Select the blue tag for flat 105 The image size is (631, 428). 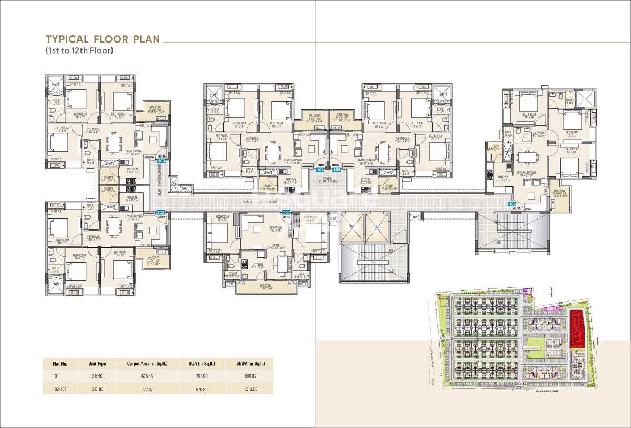pyautogui.click(x=337, y=170)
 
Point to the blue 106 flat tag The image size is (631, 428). pyautogui.click(x=512, y=204)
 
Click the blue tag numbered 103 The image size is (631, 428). pyautogui.click(x=161, y=161)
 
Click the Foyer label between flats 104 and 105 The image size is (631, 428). pyautogui.click(x=329, y=179)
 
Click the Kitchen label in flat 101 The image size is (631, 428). pyautogui.click(x=257, y=264)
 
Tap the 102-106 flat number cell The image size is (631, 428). pyautogui.click(x=60, y=389)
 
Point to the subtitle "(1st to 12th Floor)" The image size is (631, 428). pyautogui.click(x=79, y=51)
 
